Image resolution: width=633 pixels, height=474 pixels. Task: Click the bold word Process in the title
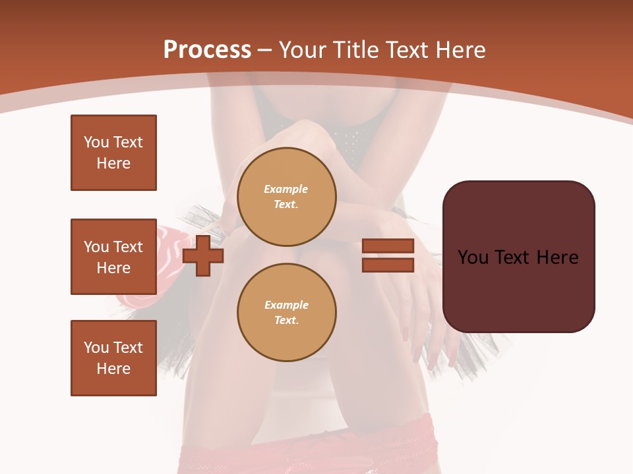tap(207, 50)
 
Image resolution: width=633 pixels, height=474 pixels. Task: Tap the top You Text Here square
tap(113, 153)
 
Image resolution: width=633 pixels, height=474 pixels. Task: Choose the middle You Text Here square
tap(113, 257)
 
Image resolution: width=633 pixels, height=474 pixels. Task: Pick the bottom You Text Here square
tap(113, 358)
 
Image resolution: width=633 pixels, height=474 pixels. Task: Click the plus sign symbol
tap(203, 255)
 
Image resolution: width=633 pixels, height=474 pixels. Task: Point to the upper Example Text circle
tap(286, 196)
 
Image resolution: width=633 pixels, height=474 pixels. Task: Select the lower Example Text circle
tap(286, 312)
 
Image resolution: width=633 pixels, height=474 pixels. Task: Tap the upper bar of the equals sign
tap(388, 246)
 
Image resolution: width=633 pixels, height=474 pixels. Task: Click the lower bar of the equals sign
tap(388, 265)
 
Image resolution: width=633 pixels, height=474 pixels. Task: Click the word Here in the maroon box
tap(557, 257)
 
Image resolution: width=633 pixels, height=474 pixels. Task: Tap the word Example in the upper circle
tap(286, 189)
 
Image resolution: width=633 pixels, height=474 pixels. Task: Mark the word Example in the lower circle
tap(286, 305)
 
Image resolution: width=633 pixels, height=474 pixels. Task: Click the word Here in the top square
tap(113, 163)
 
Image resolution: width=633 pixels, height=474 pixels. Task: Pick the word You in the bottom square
tap(96, 348)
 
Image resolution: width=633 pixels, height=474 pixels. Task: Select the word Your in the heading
tap(303, 50)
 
